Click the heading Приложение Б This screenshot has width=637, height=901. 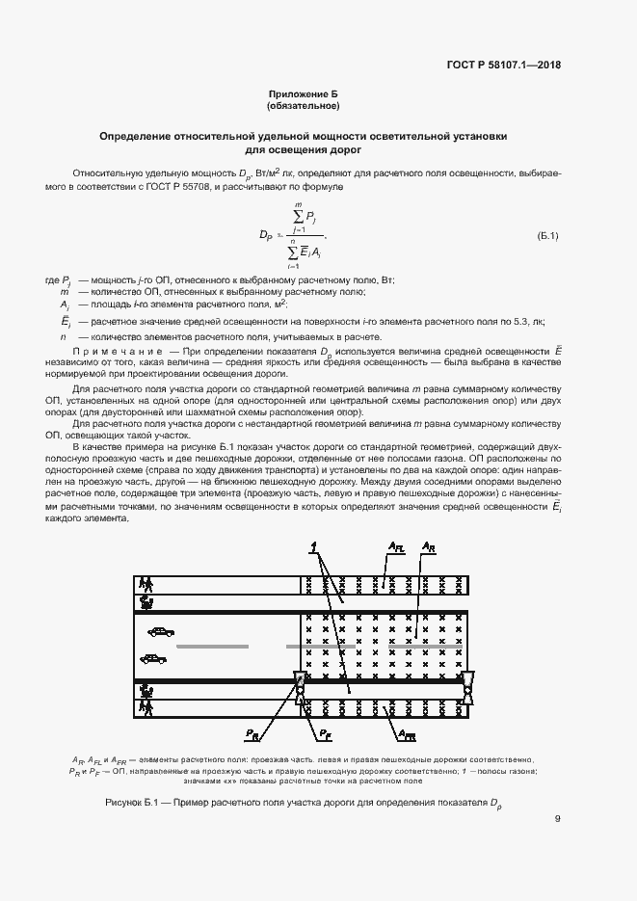[x=305, y=94]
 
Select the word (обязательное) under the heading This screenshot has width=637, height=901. [x=305, y=105]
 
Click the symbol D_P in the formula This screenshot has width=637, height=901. [x=266, y=235]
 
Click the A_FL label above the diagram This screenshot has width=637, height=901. [x=397, y=547]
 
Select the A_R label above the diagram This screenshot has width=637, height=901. [x=430, y=547]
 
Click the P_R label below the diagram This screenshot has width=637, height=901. [x=252, y=735]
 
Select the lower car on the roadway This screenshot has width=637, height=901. [x=152, y=659]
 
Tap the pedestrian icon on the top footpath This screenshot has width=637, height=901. [x=146, y=584]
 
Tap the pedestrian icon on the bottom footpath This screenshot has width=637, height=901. [x=146, y=706]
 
